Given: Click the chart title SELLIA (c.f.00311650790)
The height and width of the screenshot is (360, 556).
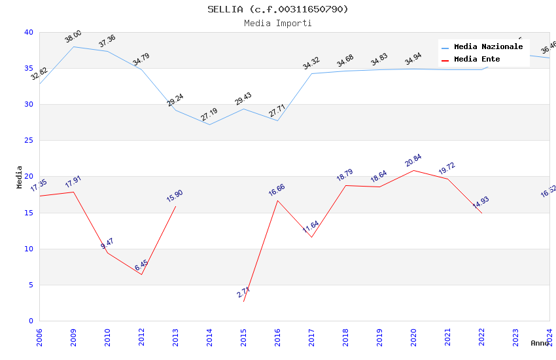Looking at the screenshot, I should tap(278, 9).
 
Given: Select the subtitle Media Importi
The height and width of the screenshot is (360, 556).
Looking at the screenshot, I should tap(278, 23).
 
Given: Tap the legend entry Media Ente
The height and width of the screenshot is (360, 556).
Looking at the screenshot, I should tap(477, 59).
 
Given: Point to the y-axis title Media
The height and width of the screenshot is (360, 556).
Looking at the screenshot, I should tap(19, 177).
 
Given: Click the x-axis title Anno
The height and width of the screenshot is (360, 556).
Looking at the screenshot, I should tap(540, 343).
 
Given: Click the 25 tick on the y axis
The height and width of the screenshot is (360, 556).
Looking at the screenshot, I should tap(29, 140).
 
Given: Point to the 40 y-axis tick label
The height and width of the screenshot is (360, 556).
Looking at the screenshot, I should tap(29, 32).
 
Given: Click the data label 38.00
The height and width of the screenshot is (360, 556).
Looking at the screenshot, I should tap(73, 37).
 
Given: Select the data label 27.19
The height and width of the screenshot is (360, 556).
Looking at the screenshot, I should tap(209, 115).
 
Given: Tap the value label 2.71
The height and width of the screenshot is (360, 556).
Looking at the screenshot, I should tap(243, 293).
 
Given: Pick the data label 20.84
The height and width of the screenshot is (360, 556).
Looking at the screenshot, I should tap(413, 161).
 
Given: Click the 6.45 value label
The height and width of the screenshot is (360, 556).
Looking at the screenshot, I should tap(141, 265).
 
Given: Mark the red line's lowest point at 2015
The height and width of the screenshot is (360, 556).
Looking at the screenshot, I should tap(243, 301).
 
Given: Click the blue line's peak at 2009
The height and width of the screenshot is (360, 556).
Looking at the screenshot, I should tap(73, 46).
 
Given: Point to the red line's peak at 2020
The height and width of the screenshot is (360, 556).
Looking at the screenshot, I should tap(413, 170).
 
